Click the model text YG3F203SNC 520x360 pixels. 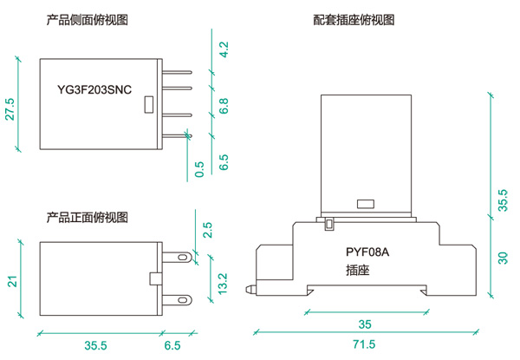(x=94, y=89)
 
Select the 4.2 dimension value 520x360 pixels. (x=224, y=49)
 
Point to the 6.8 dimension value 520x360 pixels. (x=224, y=108)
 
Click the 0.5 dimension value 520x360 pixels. (x=200, y=168)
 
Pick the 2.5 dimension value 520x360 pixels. (x=208, y=231)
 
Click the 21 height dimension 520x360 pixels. (x=12, y=280)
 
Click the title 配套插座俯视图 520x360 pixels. (x=354, y=19)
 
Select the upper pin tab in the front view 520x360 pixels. (x=181, y=258)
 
